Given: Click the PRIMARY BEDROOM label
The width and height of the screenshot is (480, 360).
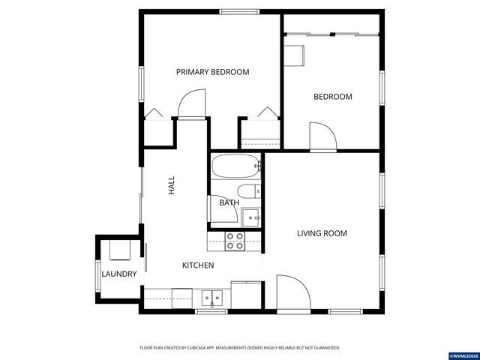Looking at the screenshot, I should (x=212, y=72).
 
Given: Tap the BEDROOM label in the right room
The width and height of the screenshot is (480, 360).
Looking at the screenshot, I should (x=332, y=97).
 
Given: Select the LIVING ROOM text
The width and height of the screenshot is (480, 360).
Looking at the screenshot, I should (x=322, y=233).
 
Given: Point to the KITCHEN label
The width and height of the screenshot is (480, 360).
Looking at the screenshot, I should (x=198, y=265).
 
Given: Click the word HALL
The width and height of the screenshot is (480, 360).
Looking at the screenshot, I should (x=172, y=185).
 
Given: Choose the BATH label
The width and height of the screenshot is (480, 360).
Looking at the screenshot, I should (x=229, y=202).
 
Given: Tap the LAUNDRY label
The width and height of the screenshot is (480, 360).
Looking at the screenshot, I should (x=119, y=274).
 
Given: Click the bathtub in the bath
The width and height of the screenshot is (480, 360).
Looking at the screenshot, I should (x=235, y=166).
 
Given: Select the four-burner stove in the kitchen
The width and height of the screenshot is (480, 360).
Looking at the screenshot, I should (x=235, y=241).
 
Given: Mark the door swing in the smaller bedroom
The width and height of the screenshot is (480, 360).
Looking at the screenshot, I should (x=323, y=136).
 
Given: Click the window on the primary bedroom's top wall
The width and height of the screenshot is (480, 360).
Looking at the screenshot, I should (x=235, y=11).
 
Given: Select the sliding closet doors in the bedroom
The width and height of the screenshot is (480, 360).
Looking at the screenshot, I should (x=331, y=33).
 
